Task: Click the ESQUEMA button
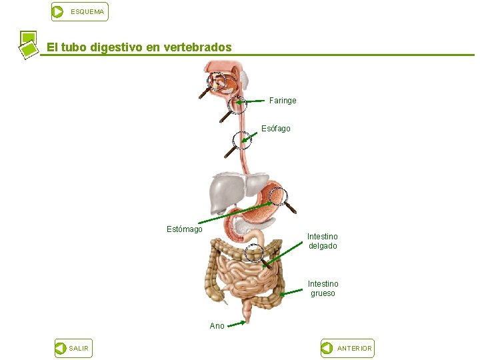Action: (x=79, y=11)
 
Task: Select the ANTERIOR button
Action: (x=347, y=348)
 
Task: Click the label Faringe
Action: (x=283, y=101)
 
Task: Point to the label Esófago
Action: (x=275, y=129)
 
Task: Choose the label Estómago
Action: (x=184, y=229)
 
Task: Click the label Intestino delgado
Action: (x=323, y=241)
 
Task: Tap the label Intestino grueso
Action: (x=323, y=289)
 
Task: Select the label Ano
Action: (x=217, y=326)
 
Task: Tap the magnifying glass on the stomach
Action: (x=278, y=196)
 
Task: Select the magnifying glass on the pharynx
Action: (x=236, y=105)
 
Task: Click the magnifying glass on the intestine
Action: (x=254, y=252)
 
